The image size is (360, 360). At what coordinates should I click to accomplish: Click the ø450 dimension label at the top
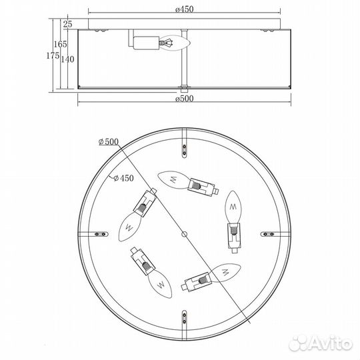click(x=185, y=9)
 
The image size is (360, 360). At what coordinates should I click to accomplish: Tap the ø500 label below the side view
click(x=185, y=99)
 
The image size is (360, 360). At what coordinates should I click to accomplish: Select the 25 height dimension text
click(x=67, y=24)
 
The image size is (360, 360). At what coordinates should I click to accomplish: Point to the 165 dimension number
click(x=61, y=44)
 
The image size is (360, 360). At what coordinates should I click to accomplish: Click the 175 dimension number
click(x=53, y=55)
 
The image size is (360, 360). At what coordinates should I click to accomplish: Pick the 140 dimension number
click(x=68, y=59)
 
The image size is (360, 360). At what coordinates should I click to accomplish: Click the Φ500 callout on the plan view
click(x=109, y=141)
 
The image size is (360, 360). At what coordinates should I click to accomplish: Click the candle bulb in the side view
click(x=175, y=43)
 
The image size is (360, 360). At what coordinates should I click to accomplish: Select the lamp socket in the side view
click(x=146, y=43)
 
